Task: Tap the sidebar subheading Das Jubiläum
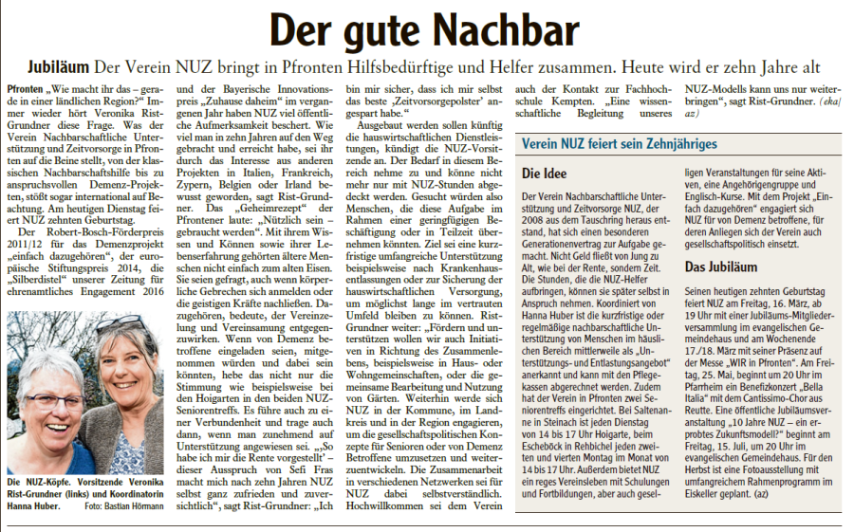point(723,267)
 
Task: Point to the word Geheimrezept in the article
point(245,208)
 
